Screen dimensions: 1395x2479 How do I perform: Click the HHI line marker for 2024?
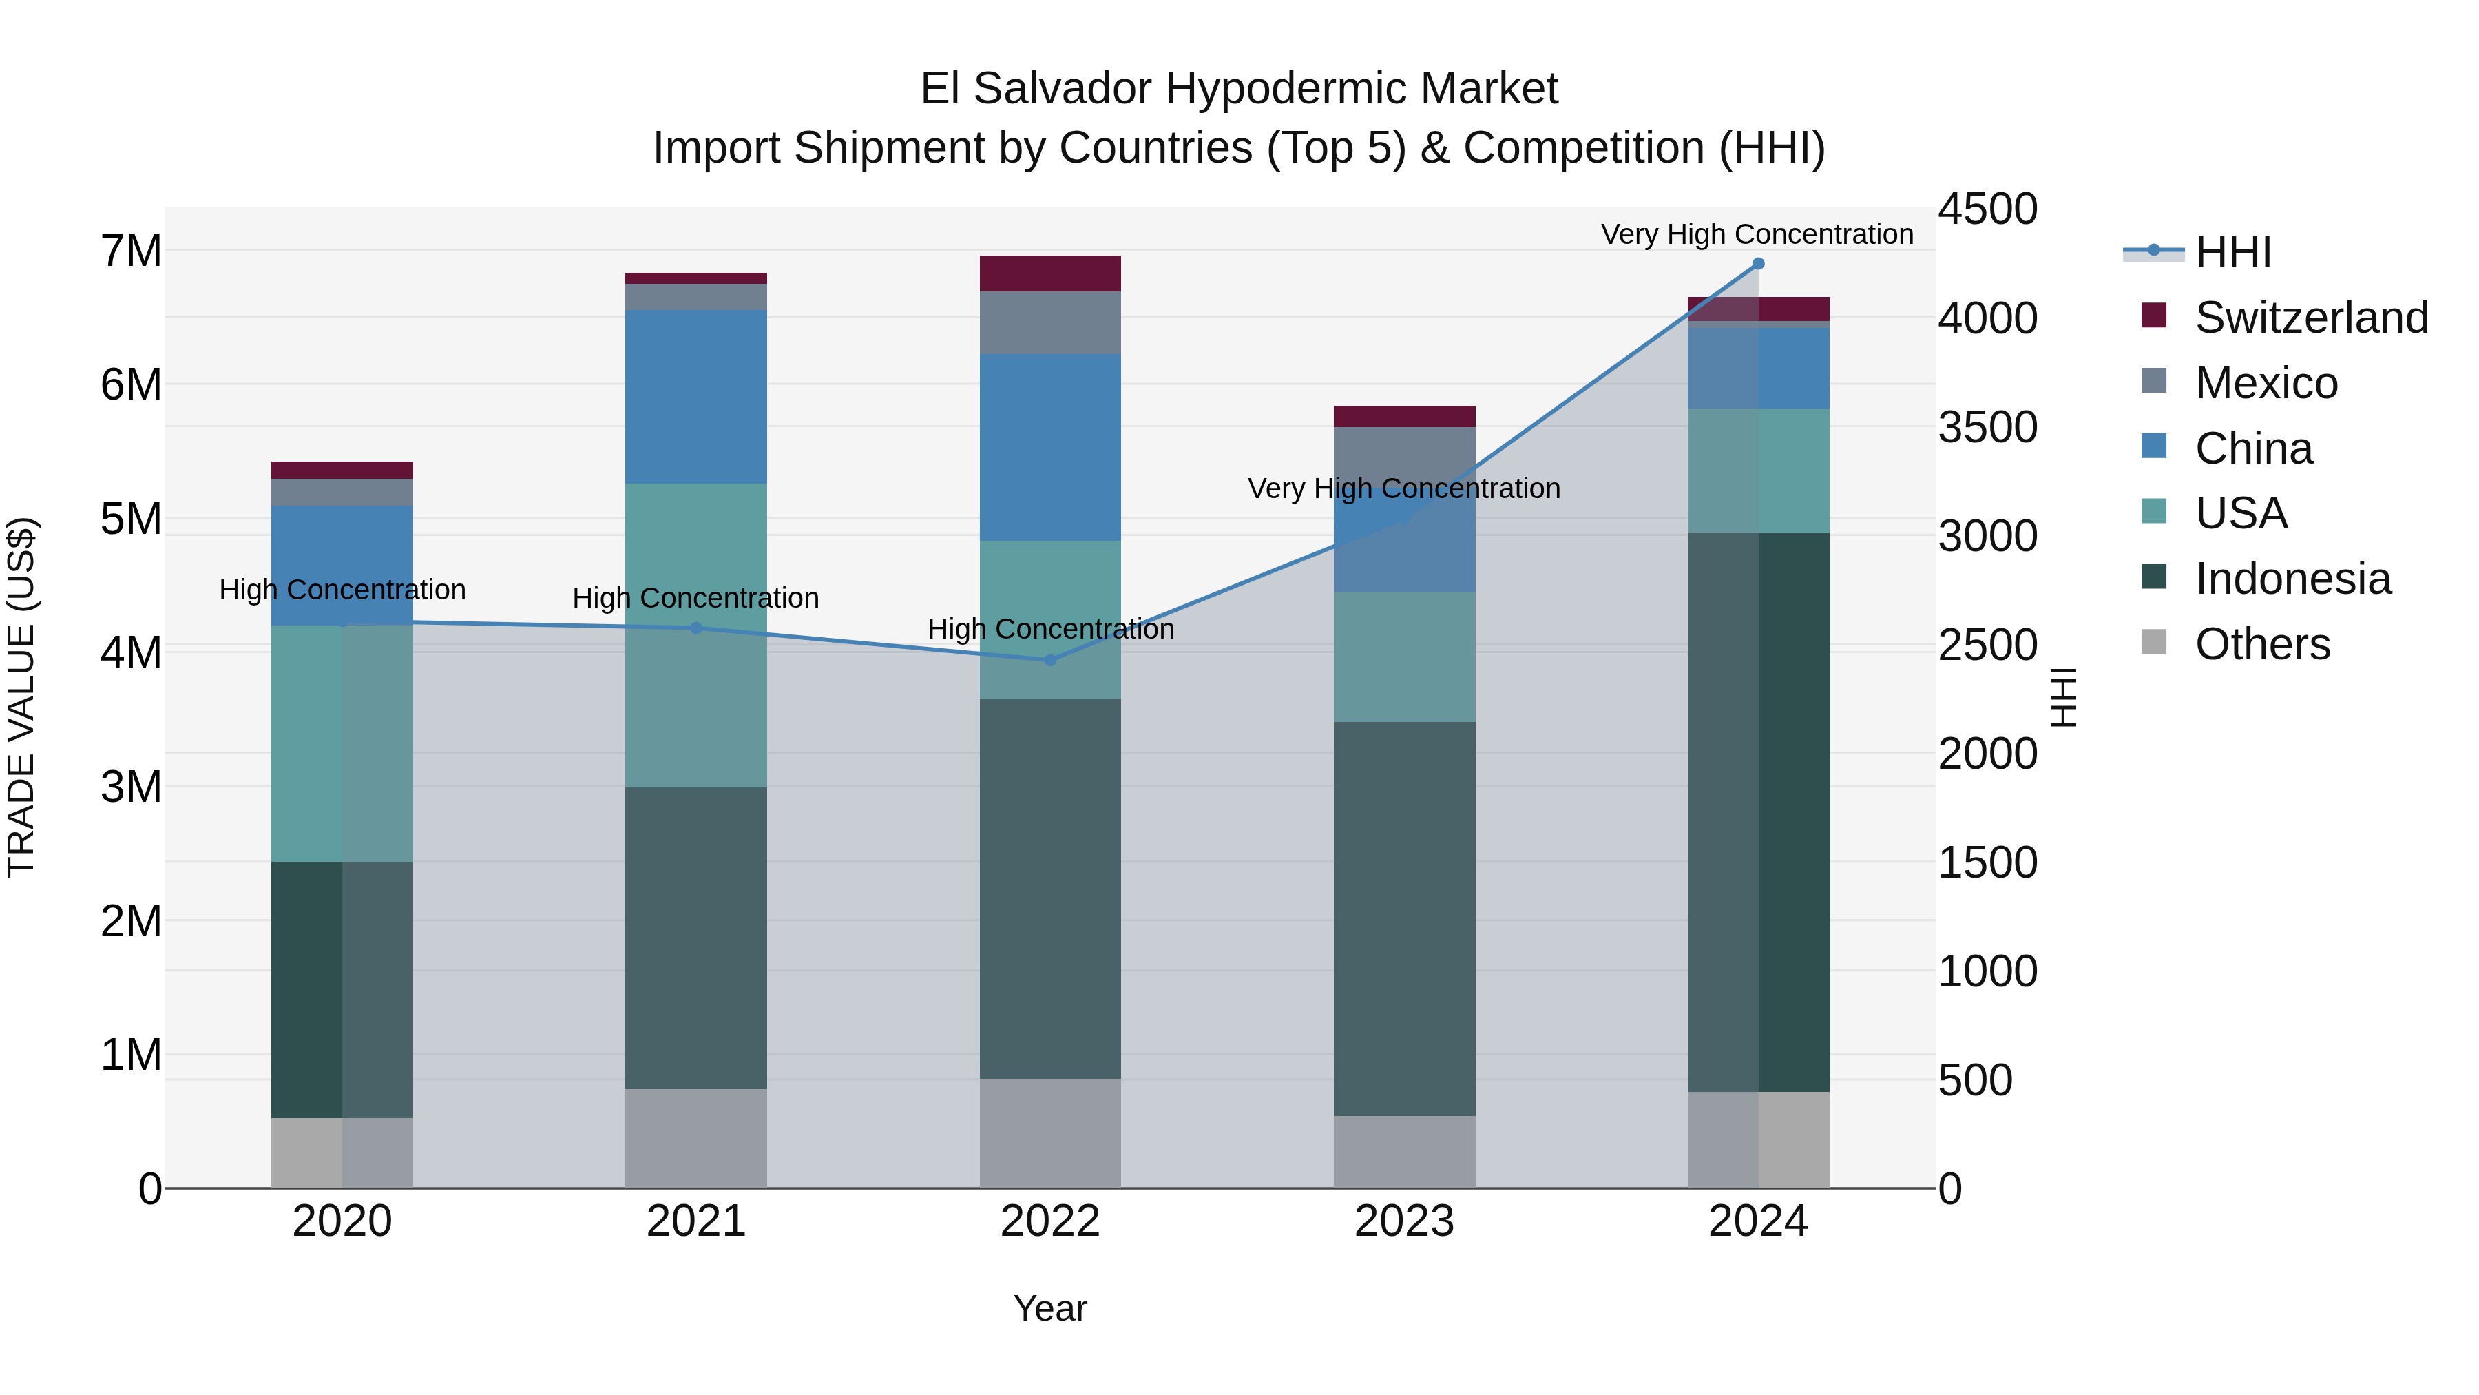pyautogui.click(x=1758, y=264)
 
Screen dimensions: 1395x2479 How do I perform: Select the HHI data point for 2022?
pyautogui.click(x=1050, y=661)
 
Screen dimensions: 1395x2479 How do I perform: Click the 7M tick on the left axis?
pyautogui.click(x=132, y=251)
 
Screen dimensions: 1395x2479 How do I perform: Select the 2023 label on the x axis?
pyautogui.click(x=1404, y=1221)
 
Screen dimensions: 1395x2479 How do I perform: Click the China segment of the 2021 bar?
pyautogui.click(x=695, y=397)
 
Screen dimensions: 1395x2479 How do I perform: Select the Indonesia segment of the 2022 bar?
pyautogui.click(x=1050, y=888)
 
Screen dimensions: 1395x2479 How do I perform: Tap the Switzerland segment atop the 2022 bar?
pyautogui.click(x=1050, y=273)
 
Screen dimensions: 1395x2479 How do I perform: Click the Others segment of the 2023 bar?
pyautogui.click(x=1404, y=1151)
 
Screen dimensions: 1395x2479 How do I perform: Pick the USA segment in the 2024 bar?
pyautogui.click(x=1758, y=470)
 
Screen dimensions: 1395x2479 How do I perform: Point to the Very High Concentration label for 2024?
pyautogui.click(x=1756, y=235)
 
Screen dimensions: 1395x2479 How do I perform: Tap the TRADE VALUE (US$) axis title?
pyautogui.click(x=21, y=697)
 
